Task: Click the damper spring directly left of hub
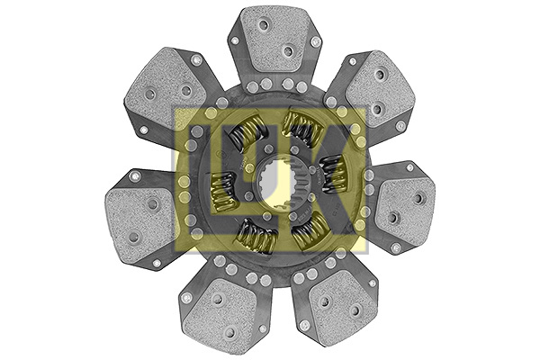pos(222,192)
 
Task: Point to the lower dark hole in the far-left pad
pos(134,237)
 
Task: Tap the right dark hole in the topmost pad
pos(288,51)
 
